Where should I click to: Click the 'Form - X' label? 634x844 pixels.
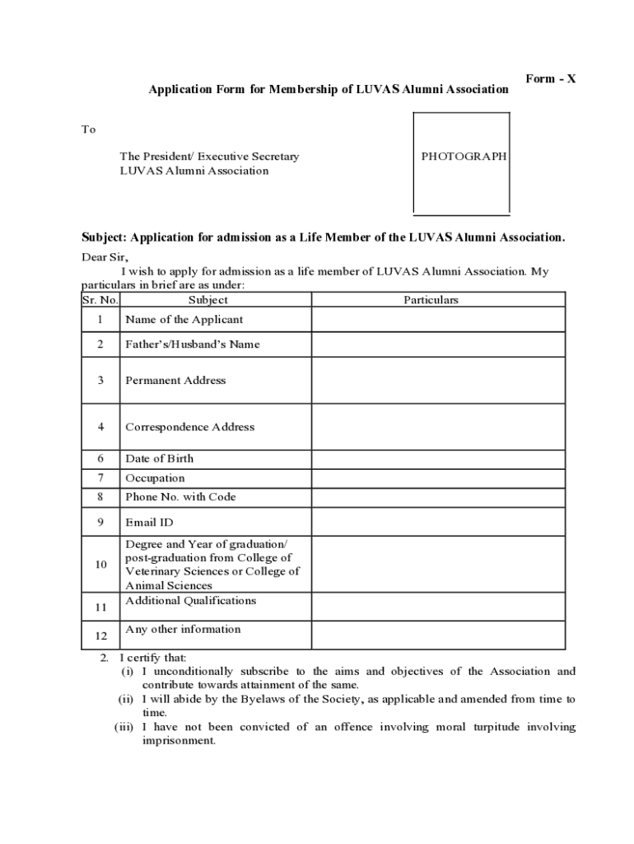coord(551,79)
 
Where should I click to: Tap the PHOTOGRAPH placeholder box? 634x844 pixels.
coord(461,162)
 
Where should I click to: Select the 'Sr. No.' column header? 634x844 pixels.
coord(100,300)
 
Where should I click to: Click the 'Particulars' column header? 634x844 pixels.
coord(431,300)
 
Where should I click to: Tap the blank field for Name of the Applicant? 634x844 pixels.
coord(438,320)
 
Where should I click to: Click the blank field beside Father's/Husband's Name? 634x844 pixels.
coord(438,345)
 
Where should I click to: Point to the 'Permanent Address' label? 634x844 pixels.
coord(175,381)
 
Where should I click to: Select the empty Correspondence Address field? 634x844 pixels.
coord(438,427)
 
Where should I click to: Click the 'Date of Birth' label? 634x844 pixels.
coord(160,459)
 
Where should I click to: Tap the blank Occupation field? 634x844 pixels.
coord(438,478)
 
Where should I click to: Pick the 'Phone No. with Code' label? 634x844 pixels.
coord(180,497)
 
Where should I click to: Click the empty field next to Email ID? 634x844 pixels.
coord(438,523)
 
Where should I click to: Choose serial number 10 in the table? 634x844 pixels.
coord(100,565)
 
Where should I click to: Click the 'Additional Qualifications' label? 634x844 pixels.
coord(190,601)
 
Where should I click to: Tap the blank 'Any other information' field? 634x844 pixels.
coord(438,635)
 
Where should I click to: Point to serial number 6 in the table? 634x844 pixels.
coord(100,459)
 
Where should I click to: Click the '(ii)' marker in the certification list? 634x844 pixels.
coord(125,700)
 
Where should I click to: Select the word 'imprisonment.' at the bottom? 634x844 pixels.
coord(179,741)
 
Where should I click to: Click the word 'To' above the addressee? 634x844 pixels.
coord(88,129)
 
